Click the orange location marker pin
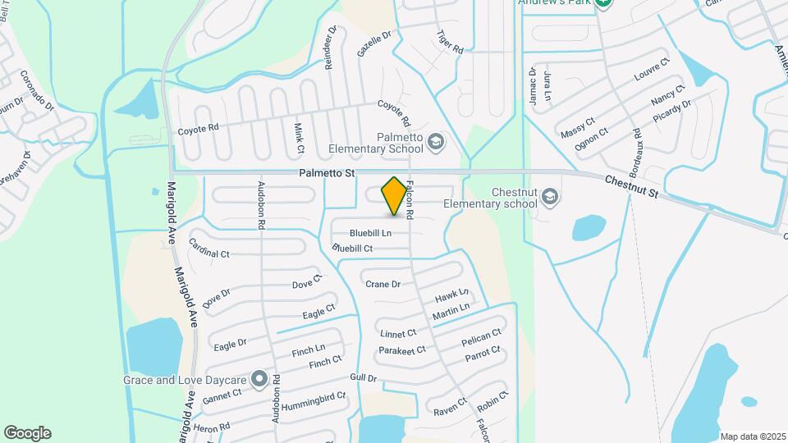click(x=395, y=196)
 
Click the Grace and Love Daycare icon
click(x=259, y=379)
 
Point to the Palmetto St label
click(x=326, y=174)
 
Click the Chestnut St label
click(x=632, y=186)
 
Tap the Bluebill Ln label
click(x=370, y=233)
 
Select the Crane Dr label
click(x=383, y=284)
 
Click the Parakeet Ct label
click(x=402, y=350)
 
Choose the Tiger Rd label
click(x=451, y=43)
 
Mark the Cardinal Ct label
click(x=209, y=248)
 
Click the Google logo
click(x=27, y=433)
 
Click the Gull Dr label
click(x=363, y=378)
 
